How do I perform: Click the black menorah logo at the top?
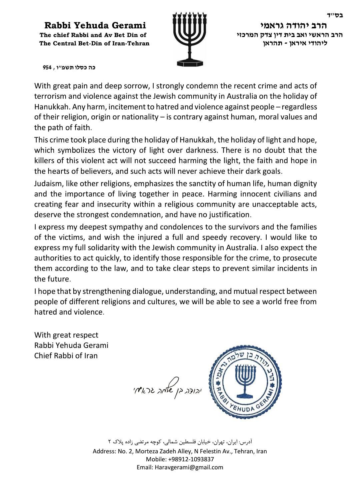pos(186,38)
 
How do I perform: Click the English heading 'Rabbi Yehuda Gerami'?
pos(95,25)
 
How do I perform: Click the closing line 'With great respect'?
pos(66,335)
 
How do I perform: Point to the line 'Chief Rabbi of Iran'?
pos(66,356)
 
